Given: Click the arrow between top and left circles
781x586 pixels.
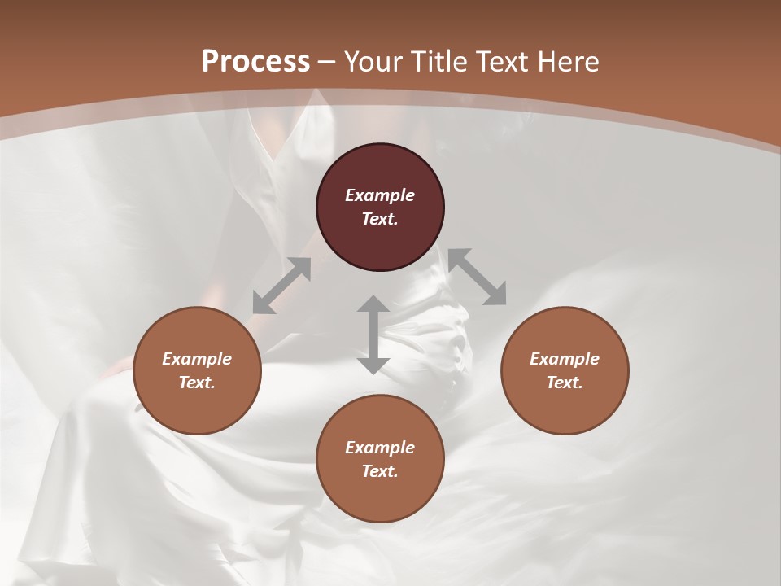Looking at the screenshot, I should coord(281,286).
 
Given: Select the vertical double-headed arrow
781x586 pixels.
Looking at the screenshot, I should coord(373,335).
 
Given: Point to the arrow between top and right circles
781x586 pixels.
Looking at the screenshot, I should coord(477,277).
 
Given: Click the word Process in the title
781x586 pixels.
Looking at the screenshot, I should coord(255,61).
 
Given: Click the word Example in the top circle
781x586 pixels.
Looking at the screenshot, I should coord(380,195).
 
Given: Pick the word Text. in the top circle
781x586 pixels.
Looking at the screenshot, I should coord(380,219).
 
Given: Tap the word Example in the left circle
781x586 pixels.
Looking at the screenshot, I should coord(197,359).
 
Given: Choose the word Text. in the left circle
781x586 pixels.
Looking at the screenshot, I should coord(197,383).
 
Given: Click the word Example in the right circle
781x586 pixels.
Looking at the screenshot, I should coord(565,359).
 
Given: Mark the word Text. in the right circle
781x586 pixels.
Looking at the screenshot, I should coord(565,383).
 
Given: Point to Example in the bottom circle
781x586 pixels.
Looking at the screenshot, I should coord(380,448).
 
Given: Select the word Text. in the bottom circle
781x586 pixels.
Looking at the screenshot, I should coord(380,471).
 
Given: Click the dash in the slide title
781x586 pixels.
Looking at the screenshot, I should coord(327,62).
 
